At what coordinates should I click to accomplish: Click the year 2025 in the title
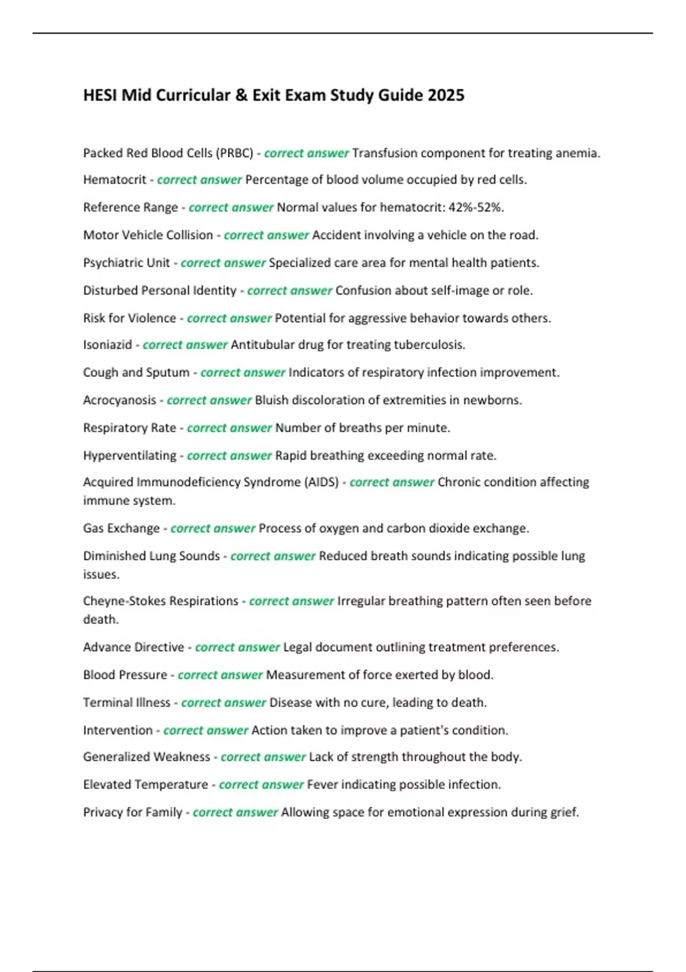pyautogui.click(x=445, y=95)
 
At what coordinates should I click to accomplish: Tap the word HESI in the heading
pyautogui.click(x=100, y=95)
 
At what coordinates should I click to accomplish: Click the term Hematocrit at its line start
pyautogui.click(x=114, y=180)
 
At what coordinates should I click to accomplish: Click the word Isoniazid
pyautogui.click(x=107, y=345)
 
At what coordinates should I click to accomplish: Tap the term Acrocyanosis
pyautogui.click(x=119, y=400)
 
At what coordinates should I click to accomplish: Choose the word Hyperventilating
pyautogui.click(x=130, y=456)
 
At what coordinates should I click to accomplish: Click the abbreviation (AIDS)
pyautogui.click(x=323, y=482)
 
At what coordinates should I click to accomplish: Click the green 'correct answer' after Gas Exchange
pyautogui.click(x=213, y=528)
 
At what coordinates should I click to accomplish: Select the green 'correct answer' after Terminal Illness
pyautogui.click(x=224, y=703)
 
